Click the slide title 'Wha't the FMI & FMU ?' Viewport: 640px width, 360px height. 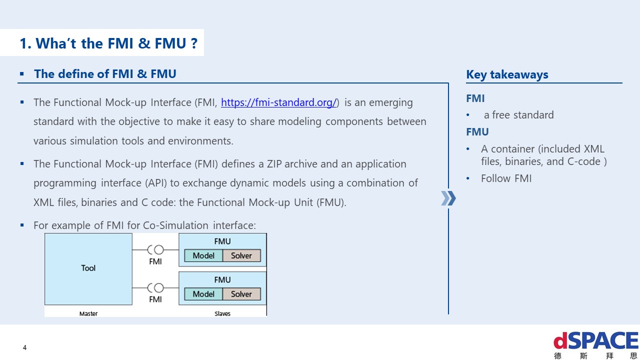[108, 43]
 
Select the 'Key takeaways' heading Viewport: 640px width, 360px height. [507, 74]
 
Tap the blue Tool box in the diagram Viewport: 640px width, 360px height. [88, 268]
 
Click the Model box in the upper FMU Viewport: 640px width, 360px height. [203, 255]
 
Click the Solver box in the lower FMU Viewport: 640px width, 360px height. [241, 294]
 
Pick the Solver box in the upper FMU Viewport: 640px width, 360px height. [241, 255]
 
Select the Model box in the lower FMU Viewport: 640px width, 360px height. [203, 294]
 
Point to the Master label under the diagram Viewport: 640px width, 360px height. [88, 313]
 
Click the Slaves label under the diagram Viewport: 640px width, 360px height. [222, 313]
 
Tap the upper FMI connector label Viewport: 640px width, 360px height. [155, 261]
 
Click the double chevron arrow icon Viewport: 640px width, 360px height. [448, 198]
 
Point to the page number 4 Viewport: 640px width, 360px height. [25, 347]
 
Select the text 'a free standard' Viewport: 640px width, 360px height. [518, 115]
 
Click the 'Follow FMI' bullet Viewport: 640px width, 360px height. [506, 178]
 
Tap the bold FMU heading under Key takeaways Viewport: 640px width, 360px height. [477, 132]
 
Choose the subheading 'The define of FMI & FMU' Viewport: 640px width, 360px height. [105, 74]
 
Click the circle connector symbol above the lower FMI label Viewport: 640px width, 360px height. [158, 288]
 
